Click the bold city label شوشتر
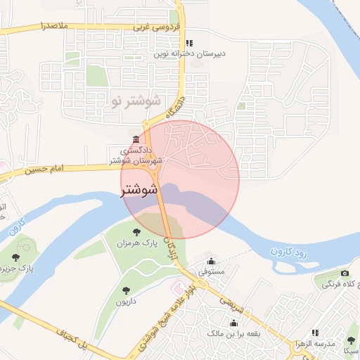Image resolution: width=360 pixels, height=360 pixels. tap(139, 189)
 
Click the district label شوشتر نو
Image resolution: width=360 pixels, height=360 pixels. tap(136, 101)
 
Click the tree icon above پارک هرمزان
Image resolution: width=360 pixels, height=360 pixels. tap(138, 230)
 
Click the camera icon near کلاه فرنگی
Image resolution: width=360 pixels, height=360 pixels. tap(344, 274)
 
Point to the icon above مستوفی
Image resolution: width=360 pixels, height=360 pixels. tap(212, 260)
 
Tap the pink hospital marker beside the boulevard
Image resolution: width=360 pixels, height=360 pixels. tap(177, 286)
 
